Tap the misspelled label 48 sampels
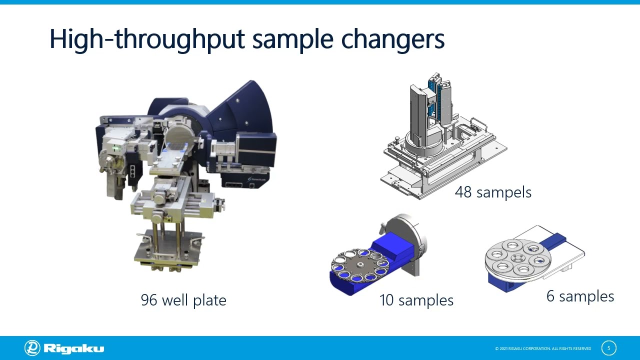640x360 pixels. [493, 192]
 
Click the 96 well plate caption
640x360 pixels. [183, 300]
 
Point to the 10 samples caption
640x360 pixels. [416, 300]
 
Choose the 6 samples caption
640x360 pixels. [580, 296]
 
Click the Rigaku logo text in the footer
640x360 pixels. [74, 348]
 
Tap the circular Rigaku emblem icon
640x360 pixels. [32, 348]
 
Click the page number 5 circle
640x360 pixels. [608, 348]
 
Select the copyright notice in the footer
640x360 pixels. [543, 348]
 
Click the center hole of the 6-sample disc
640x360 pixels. [517, 258]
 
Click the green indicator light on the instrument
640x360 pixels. [115, 148]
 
